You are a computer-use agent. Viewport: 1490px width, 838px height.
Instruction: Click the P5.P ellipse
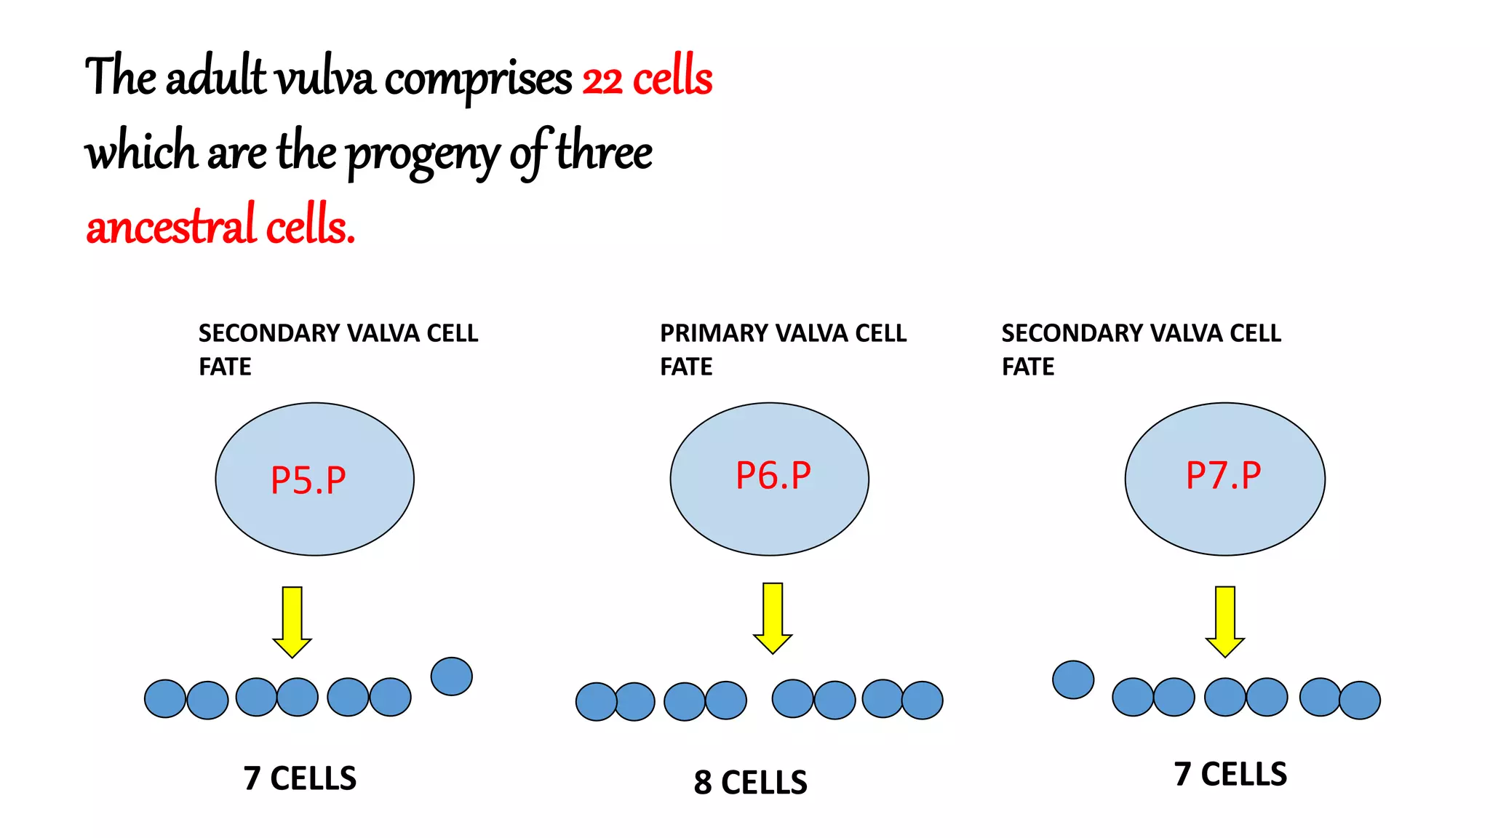click(x=314, y=479)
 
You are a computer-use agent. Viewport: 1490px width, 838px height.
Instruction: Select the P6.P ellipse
click(x=769, y=479)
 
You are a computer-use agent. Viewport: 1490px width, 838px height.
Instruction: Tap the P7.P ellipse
click(x=1224, y=479)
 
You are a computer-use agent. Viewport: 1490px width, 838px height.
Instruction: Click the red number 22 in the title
click(x=602, y=80)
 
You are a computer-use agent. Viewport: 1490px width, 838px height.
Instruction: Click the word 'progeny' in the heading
click(x=422, y=154)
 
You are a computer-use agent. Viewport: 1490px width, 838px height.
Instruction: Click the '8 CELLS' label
click(x=750, y=783)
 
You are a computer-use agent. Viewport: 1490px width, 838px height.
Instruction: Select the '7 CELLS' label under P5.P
click(x=300, y=778)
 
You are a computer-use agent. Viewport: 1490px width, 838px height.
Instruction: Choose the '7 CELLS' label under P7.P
click(x=1230, y=774)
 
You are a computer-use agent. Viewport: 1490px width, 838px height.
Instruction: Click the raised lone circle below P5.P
click(x=452, y=677)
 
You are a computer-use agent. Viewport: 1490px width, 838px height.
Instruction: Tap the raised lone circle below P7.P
click(x=1073, y=680)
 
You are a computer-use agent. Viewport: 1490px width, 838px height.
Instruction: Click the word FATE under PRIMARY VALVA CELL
click(x=686, y=367)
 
